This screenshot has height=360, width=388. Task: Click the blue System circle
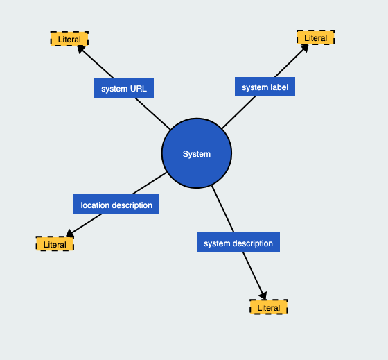197,153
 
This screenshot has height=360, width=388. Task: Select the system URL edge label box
124,89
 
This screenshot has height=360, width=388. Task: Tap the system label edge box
265,87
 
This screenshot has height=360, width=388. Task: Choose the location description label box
116,205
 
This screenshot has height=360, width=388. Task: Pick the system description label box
238,243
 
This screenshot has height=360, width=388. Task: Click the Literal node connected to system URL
69,39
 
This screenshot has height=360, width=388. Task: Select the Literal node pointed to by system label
315,37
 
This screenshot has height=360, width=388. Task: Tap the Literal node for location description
55,244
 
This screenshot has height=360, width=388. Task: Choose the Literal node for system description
269,307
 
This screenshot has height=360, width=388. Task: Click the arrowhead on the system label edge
304,48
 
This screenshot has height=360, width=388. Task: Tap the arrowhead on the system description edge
263,295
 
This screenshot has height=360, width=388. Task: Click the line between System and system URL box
152,114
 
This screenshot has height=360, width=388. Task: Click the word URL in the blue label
138,89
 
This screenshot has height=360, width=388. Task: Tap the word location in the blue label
95,205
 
